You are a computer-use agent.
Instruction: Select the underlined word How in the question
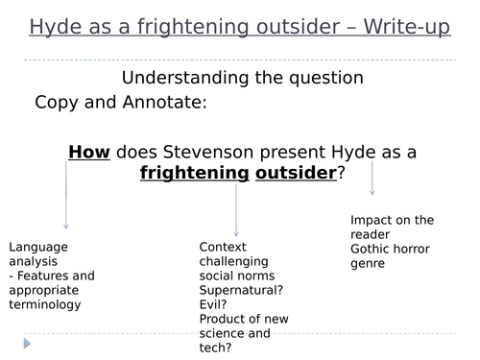point(89,151)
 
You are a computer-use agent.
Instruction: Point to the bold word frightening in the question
point(190,172)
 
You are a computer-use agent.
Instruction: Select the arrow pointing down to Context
point(236,206)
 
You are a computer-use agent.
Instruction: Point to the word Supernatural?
point(239,289)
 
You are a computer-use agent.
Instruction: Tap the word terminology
point(45,304)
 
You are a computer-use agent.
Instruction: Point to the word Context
point(222,247)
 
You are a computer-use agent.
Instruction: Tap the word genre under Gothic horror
point(367,262)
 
